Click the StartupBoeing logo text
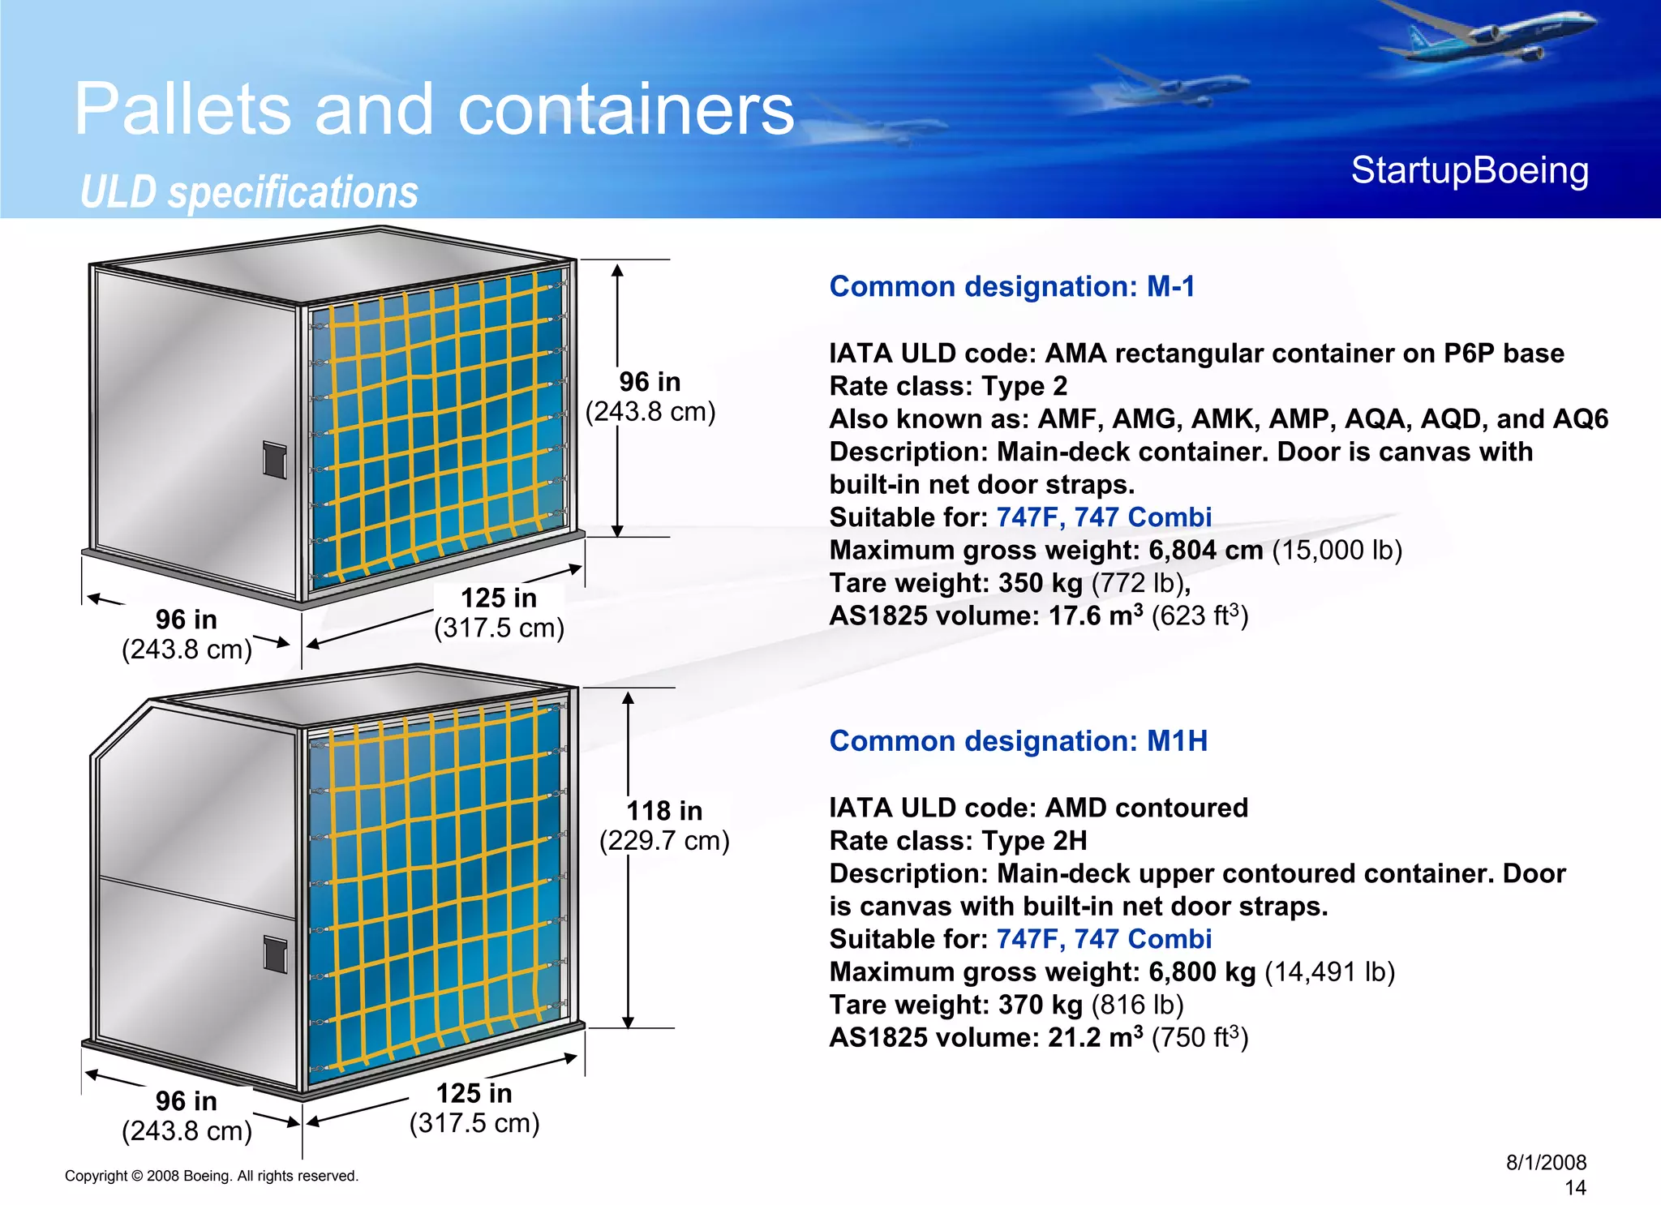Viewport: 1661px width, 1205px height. tap(1469, 171)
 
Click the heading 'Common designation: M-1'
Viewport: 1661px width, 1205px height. tap(1011, 286)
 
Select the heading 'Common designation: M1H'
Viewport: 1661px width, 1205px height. tap(1018, 740)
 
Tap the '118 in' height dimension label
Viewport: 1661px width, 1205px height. tap(664, 810)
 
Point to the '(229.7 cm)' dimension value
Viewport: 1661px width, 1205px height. tap(664, 840)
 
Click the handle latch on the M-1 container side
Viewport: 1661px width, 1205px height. tap(275, 460)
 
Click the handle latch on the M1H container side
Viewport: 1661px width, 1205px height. tap(276, 954)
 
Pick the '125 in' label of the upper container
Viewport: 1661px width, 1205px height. tap(499, 598)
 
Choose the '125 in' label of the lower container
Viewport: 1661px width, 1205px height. tap(474, 1093)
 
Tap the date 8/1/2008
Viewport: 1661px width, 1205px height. tap(1546, 1162)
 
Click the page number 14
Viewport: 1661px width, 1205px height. tap(1575, 1188)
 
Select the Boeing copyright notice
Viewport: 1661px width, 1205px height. tap(211, 1176)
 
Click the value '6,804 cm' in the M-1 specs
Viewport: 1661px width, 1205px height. tap(1205, 550)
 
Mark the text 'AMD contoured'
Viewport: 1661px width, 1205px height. tap(1146, 808)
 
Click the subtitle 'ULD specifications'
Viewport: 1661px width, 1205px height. tap(249, 192)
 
